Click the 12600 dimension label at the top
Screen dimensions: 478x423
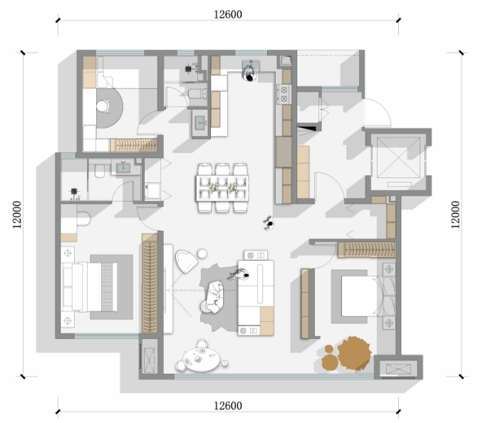(x=228, y=14)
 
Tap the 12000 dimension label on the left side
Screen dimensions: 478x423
(x=17, y=214)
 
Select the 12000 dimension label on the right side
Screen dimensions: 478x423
(x=454, y=214)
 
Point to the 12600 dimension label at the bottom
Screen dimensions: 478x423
(x=228, y=406)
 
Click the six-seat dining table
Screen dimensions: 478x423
(x=222, y=188)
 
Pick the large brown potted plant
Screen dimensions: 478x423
(x=355, y=353)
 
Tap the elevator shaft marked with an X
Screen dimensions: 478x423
(x=398, y=157)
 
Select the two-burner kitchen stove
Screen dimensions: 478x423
(x=284, y=94)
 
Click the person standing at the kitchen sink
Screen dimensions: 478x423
(x=250, y=73)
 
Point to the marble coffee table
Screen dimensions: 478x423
(x=214, y=296)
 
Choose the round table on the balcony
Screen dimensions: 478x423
(x=202, y=360)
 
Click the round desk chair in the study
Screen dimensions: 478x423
(x=103, y=105)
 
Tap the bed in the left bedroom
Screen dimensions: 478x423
(x=89, y=287)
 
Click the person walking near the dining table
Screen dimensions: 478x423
(x=269, y=224)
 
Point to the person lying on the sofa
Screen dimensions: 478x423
(x=239, y=275)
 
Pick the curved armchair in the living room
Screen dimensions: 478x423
(x=186, y=261)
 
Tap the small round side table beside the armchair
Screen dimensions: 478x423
(x=202, y=254)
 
